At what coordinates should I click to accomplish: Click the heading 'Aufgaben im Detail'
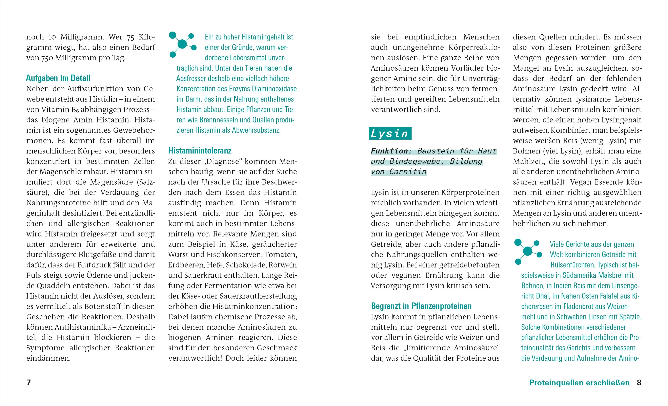[58, 78]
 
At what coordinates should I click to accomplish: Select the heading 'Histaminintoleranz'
[200, 151]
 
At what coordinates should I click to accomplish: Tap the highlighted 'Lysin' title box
[390, 133]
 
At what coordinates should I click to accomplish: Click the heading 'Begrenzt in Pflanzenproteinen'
[421, 306]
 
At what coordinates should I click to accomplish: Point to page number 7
[28, 383]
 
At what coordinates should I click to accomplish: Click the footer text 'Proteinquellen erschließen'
[579, 383]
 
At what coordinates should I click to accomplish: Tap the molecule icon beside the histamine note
[182, 44]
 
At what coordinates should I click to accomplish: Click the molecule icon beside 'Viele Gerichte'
[528, 252]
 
